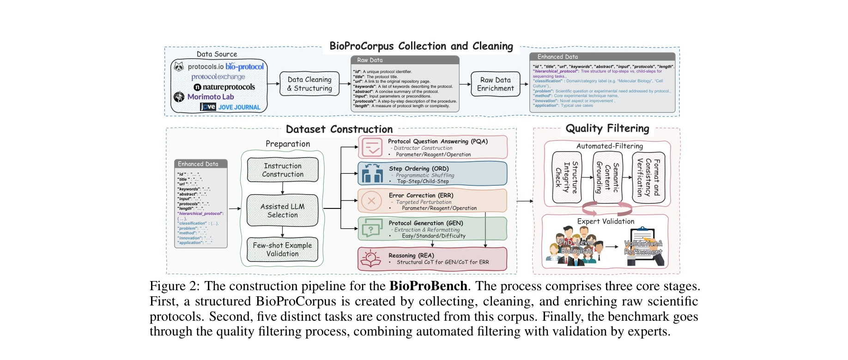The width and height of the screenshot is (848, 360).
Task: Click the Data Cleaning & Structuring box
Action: click(309, 84)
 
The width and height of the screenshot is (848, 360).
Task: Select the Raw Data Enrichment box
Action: click(495, 84)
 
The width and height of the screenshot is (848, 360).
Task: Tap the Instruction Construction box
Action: click(283, 170)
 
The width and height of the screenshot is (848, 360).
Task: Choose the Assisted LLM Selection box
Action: click(283, 210)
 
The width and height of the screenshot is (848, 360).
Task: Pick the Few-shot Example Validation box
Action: click(283, 250)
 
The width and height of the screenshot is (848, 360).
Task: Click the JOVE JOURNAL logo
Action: click(230, 107)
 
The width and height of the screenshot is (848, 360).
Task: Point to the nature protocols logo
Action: click(224, 87)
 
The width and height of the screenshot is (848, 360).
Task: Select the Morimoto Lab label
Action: click(211, 97)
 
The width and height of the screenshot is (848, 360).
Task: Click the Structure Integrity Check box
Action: click(567, 177)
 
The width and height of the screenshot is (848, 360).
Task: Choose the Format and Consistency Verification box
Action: click(648, 177)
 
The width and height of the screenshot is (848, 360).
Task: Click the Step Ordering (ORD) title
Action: click(418, 169)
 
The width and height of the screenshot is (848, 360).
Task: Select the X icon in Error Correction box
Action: click(371, 201)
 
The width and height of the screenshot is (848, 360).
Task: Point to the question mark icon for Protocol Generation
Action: click(371, 228)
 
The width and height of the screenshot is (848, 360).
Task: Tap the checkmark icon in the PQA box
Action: click(372, 147)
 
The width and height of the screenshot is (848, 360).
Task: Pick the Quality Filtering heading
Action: click(607, 128)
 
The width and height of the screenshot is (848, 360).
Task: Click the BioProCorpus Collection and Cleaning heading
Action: click(421, 46)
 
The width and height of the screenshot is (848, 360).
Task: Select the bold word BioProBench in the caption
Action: click(428, 286)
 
